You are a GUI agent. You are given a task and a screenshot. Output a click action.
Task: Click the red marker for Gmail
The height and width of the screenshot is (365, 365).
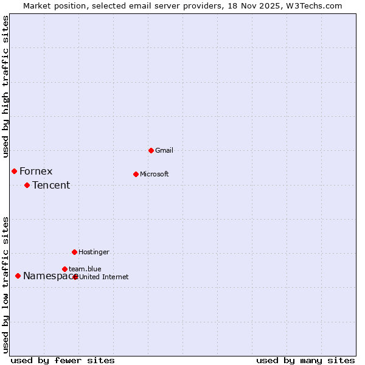(151, 150)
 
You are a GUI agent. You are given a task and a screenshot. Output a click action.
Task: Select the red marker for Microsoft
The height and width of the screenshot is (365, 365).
(136, 174)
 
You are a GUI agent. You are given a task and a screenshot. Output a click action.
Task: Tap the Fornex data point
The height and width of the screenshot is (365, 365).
(14, 171)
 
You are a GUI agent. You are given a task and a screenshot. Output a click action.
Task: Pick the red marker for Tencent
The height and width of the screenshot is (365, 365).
(27, 185)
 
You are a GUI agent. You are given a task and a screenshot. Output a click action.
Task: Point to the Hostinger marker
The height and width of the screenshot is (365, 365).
(74, 252)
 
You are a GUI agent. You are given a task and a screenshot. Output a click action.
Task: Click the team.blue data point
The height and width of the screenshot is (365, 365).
(64, 269)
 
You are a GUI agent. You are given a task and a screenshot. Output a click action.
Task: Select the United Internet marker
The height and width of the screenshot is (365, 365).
(75, 277)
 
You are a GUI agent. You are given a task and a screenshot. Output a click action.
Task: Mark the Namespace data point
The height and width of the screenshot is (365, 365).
(18, 276)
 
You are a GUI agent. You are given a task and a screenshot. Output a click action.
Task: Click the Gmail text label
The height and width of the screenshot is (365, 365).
(164, 150)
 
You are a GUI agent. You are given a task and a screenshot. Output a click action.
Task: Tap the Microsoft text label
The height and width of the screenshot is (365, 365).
(154, 174)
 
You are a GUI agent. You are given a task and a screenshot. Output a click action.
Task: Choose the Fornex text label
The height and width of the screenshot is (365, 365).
(36, 171)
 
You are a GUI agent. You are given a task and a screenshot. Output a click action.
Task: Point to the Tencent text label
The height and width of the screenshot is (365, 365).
(51, 185)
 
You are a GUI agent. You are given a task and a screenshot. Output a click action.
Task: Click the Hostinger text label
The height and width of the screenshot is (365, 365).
(94, 252)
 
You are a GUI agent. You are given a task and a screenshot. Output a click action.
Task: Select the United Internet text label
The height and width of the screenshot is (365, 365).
(104, 277)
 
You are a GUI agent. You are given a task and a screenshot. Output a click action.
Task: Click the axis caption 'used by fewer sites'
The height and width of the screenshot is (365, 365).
(63, 360)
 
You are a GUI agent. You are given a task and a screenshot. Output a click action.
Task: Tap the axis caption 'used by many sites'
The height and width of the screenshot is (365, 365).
(305, 360)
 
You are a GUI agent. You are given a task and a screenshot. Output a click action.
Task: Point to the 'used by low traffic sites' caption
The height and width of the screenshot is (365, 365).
(6, 284)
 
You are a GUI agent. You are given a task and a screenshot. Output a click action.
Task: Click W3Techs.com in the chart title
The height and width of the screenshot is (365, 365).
(313, 5)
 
